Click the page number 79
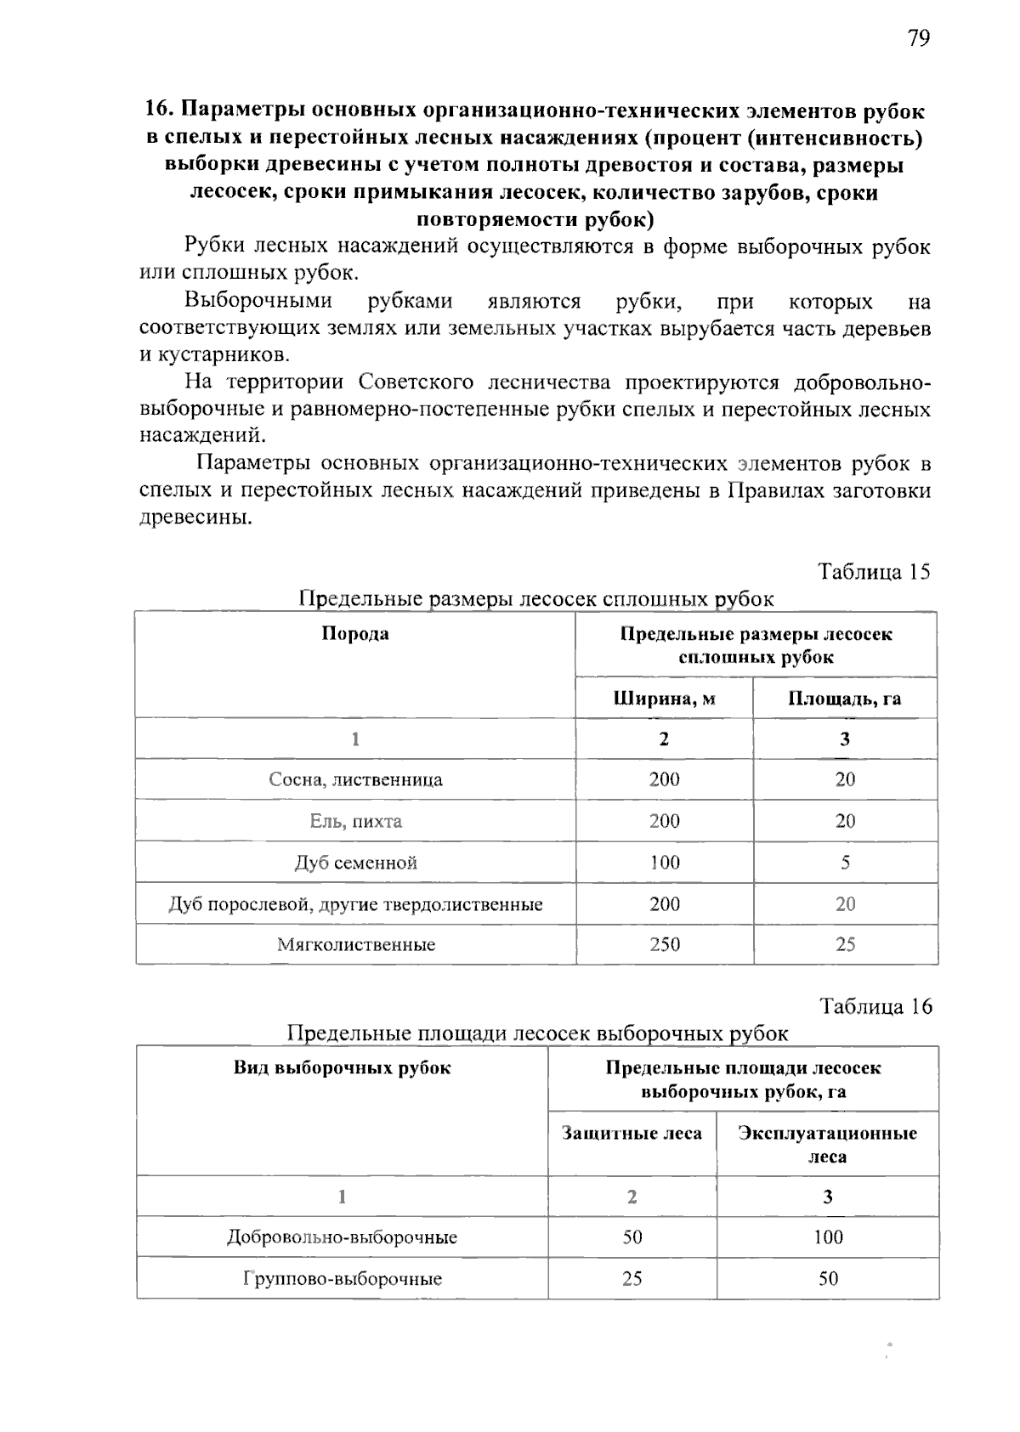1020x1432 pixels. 918,38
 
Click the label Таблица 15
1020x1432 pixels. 874,571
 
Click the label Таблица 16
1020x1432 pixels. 875,1006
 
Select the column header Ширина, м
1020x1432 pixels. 664,699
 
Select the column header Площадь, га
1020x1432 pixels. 844,699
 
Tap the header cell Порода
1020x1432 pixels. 355,633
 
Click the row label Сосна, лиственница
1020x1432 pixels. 355,779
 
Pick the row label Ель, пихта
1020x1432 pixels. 355,821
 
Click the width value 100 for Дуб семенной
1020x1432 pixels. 664,863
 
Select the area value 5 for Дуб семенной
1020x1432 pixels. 845,863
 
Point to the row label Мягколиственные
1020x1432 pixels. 355,944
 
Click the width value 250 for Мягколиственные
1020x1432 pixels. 664,944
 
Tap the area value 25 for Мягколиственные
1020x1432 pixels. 845,944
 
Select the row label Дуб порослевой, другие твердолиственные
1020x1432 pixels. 355,904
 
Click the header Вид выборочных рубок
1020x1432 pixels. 342,1068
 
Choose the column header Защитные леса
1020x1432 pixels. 632,1134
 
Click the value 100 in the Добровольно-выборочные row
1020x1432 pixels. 827,1237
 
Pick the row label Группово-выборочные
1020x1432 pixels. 342,1279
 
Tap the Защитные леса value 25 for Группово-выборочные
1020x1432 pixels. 632,1279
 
